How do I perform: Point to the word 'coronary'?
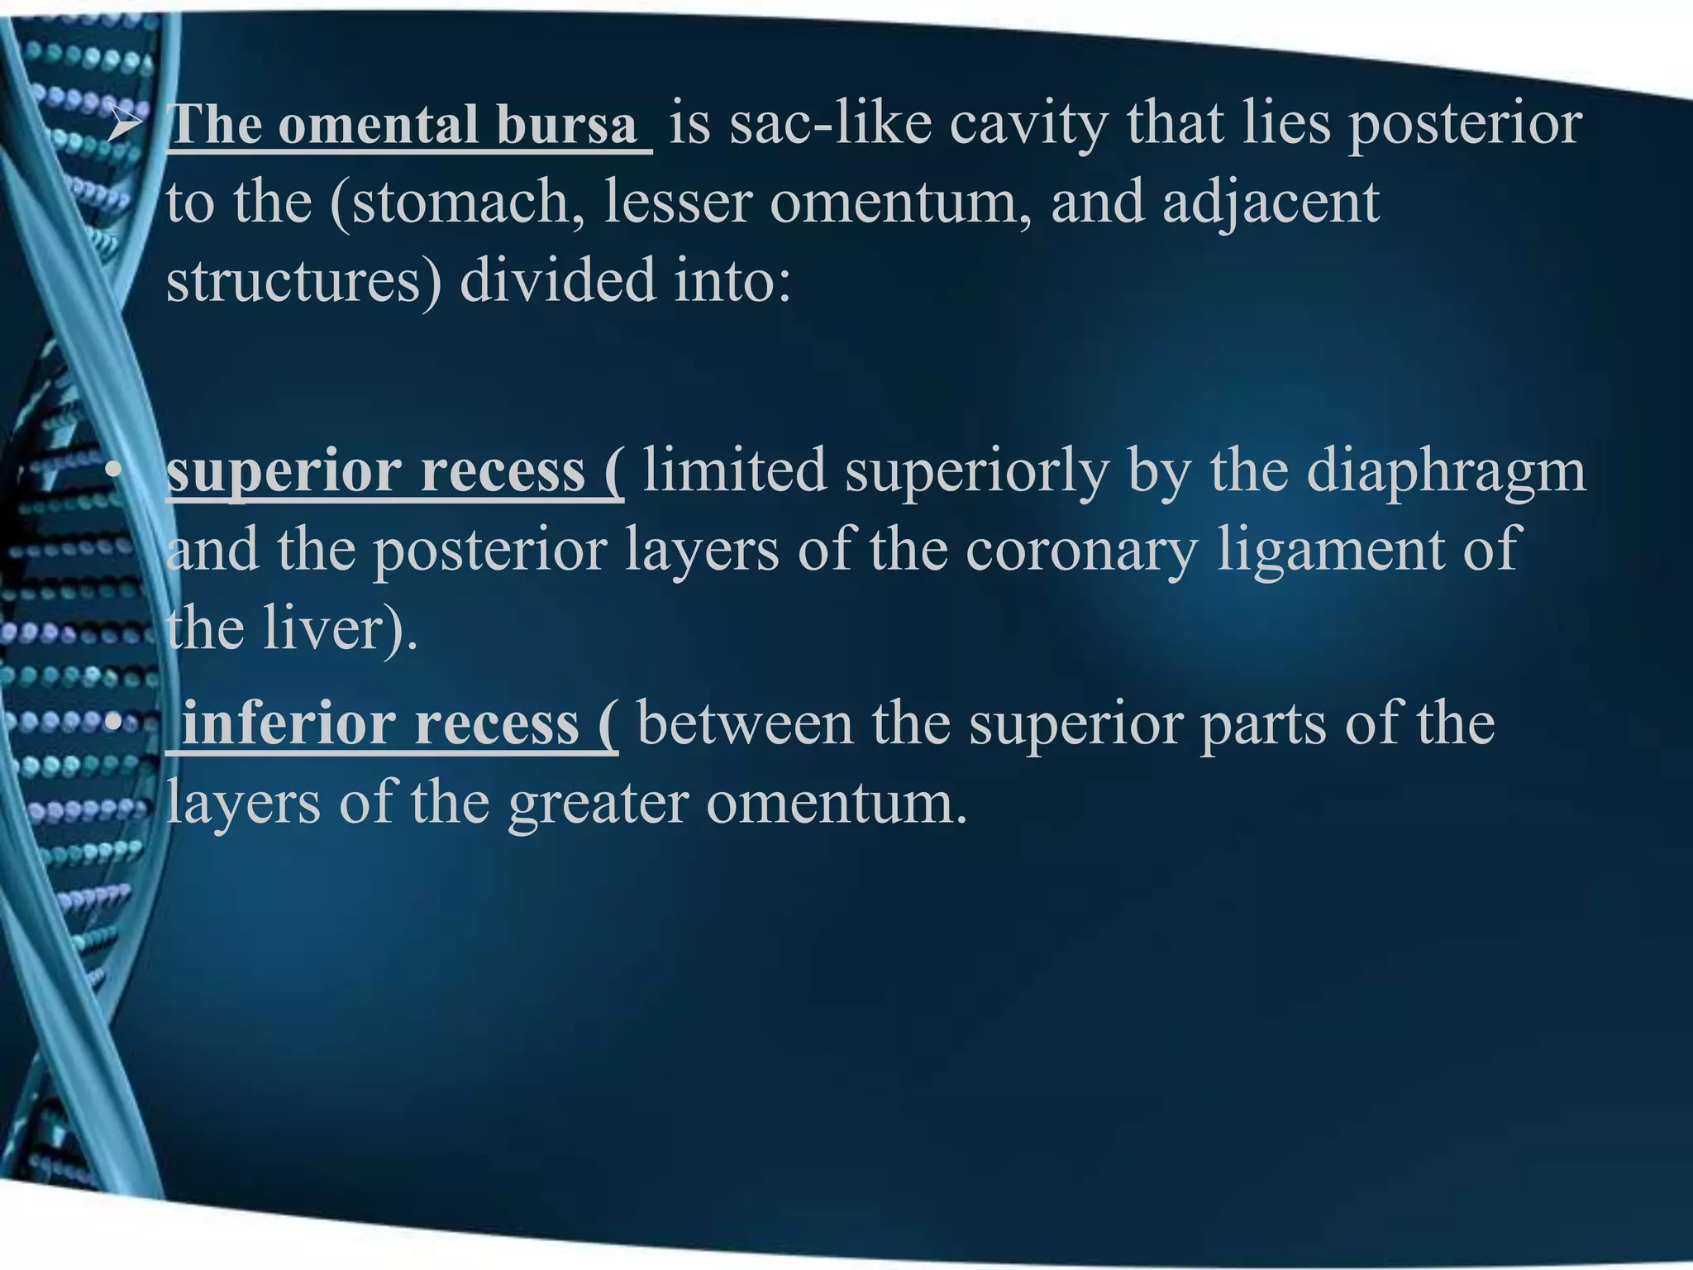pos(1082,549)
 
